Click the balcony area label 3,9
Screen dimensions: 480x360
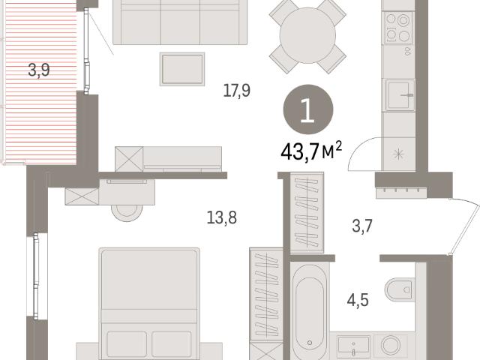pos(39,70)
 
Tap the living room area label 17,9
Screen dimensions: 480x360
pos(237,91)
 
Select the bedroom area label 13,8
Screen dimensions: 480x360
pos(222,218)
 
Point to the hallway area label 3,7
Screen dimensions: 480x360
pos(362,226)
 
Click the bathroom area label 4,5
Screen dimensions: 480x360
pos(358,300)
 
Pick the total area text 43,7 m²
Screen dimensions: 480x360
pos(311,151)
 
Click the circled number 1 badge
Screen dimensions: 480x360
pos(308,109)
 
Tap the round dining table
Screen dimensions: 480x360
pos(307,35)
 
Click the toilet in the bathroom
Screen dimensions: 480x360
pos(400,289)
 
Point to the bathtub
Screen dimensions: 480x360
pos(310,310)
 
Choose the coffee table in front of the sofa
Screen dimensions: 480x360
pos(182,69)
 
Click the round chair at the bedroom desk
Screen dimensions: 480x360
pos(127,212)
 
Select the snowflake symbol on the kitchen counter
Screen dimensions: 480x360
pos(398,154)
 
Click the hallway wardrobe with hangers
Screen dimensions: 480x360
pos(307,213)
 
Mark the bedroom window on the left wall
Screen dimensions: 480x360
pos(37,276)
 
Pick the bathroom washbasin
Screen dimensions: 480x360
pos(353,346)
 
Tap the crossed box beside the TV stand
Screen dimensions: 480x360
pos(129,159)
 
